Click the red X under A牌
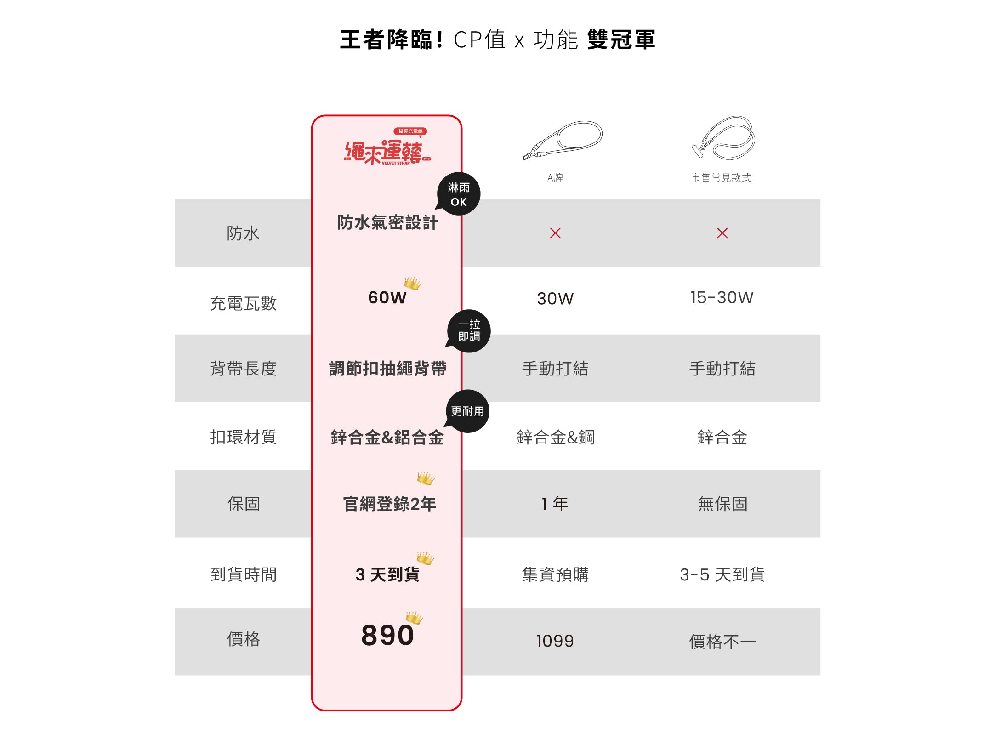555,233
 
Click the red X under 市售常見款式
722,233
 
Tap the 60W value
387,298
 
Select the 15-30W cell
722,298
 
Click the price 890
387,635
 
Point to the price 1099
555,641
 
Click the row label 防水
243,233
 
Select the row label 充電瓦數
243,303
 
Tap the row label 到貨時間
243,574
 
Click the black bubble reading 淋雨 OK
459,194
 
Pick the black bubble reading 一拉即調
469,331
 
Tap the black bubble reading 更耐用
467,411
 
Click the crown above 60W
412,283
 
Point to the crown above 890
414,617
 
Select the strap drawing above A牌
563,140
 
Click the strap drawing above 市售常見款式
724,137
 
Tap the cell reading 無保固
722,504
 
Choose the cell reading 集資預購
555,574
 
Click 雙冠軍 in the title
621,40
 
